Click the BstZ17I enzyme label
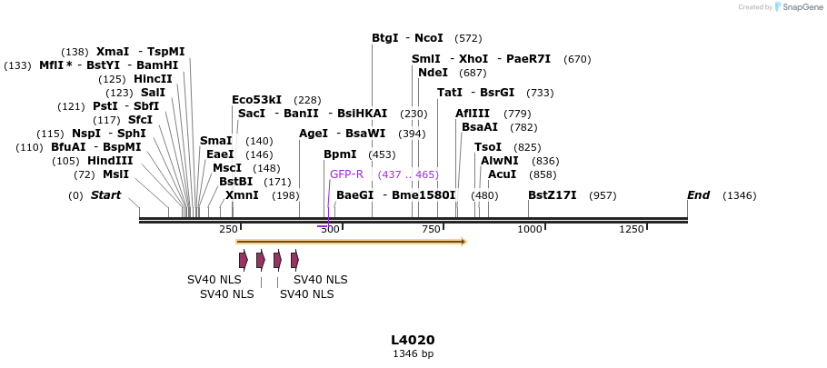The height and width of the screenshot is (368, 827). [552, 195]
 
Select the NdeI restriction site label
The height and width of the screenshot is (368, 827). [433, 73]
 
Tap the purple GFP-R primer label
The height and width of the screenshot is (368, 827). [346, 174]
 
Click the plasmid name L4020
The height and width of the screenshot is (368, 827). [413, 340]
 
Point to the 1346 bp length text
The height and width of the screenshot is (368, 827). [413, 353]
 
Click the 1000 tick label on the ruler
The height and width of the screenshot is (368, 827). [529, 229]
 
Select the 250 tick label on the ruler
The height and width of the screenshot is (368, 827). [228, 229]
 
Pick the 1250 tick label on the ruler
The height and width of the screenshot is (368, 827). [631, 229]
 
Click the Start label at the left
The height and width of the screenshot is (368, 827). [105, 195]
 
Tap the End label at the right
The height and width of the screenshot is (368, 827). [698, 195]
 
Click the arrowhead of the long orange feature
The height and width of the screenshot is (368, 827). [463, 242]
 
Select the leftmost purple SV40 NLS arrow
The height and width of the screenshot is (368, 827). [244, 261]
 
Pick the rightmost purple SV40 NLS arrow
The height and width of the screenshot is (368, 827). [295, 261]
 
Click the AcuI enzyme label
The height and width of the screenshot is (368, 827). [502, 174]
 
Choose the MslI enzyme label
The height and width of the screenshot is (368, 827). [115, 174]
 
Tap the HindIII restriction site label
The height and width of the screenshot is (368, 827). [110, 161]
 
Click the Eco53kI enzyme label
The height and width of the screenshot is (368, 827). [256, 100]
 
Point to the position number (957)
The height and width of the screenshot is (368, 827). [603, 195]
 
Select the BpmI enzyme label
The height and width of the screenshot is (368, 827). [340, 154]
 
